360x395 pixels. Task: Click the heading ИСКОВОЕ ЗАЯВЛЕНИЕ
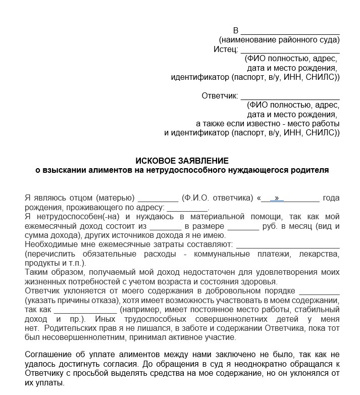tap(182, 161)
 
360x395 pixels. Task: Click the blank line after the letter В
tap(290, 31)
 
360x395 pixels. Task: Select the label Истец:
tap(226, 50)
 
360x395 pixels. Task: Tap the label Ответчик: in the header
tap(219, 96)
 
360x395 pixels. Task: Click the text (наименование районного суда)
tap(279, 40)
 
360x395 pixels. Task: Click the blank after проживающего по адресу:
tap(187, 208)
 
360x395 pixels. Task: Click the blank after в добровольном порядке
tap(319, 291)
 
